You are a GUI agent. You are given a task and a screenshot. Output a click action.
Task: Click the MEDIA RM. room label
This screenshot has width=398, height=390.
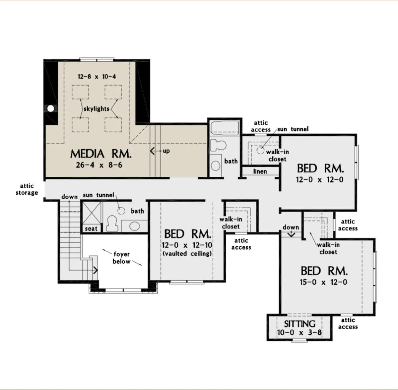pos(101,154)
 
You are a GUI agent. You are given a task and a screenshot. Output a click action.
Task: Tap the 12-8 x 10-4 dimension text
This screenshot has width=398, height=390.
pos(97,77)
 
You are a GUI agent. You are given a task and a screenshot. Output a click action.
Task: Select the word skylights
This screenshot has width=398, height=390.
pos(97,109)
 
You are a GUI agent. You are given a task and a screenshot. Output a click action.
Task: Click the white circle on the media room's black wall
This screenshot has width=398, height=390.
pos(51,108)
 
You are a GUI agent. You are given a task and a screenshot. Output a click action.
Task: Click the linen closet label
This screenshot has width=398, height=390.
pos(260,171)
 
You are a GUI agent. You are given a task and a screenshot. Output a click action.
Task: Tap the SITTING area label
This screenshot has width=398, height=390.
pos(300,324)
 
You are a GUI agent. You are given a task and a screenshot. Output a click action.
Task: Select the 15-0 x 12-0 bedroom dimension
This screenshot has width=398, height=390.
pos(323,282)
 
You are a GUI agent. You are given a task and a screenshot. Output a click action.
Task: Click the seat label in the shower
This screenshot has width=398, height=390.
pos(91,229)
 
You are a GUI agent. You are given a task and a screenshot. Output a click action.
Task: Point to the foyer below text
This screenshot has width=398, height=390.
pos(121,258)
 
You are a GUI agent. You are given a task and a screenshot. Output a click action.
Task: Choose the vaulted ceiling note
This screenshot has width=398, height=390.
pos(187,253)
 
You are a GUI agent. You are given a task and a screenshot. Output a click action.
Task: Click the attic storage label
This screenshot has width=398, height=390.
pos(27,189)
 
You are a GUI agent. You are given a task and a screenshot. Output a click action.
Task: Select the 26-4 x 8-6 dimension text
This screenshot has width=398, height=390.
pos(99,165)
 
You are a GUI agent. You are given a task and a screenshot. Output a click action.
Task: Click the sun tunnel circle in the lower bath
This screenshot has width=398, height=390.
pos(121,211)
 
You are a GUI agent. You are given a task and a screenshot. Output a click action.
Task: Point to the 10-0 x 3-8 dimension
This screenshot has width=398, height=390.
pos(299,333)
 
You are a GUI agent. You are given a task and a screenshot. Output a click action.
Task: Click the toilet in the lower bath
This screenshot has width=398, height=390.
pos(112,223)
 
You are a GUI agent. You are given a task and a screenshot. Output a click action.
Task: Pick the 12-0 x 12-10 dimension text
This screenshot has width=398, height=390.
pos(187,245)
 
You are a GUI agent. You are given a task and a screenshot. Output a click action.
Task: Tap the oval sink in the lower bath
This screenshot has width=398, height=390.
pos(134,226)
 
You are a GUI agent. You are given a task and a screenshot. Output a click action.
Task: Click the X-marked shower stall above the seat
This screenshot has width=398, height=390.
pos(92,213)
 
